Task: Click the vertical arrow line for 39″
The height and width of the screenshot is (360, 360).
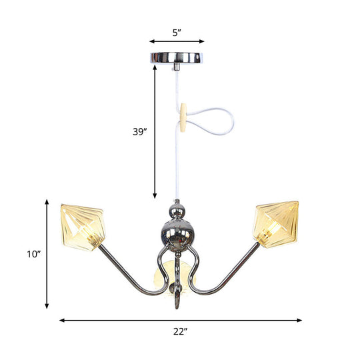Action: [155, 133]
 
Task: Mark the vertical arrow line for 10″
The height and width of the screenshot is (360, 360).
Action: [47, 253]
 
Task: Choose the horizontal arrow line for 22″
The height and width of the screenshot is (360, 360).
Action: [180, 320]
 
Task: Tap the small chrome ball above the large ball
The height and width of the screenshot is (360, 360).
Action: [177, 211]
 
